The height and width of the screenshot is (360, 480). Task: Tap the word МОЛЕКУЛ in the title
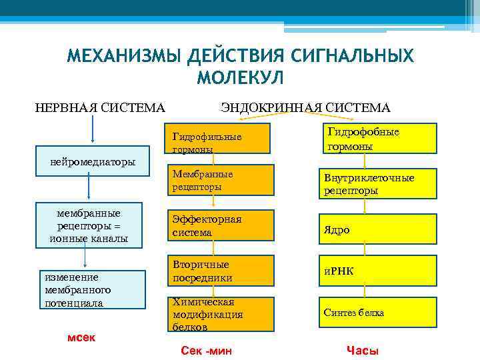click(240, 78)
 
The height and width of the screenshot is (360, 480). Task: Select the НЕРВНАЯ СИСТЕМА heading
click(100, 107)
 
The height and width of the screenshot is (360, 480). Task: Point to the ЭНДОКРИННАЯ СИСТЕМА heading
click(306, 107)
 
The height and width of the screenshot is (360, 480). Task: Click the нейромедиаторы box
click(93, 161)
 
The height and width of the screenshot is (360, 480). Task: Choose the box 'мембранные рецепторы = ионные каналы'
click(89, 225)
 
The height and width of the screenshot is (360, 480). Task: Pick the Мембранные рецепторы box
click(219, 180)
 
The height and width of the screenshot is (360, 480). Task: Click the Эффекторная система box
click(219, 226)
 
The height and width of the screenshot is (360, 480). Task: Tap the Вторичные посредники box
click(219, 271)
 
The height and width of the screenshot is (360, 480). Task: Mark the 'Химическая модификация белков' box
click(219, 314)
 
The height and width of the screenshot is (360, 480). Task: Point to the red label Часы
click(363, 351)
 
